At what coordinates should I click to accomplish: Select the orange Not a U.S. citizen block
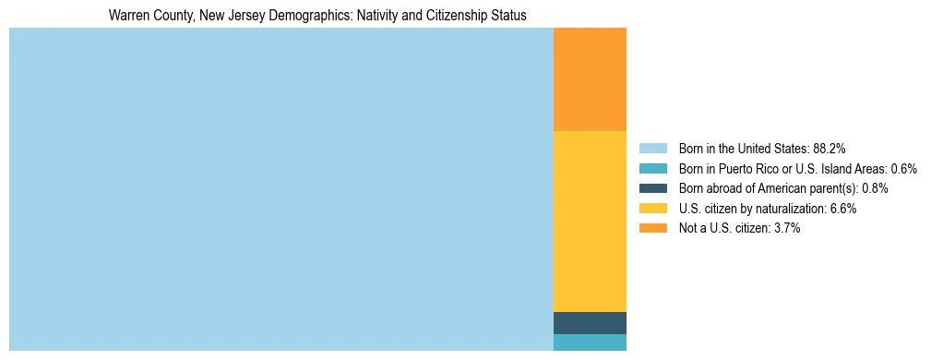coord(590,79)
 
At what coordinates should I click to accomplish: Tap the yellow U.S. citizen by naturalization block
coord(590,221)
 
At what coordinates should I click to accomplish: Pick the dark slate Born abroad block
coord(590,323)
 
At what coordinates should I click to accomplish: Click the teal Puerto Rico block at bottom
coord(590,342)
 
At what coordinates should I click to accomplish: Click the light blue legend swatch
coord(652,148)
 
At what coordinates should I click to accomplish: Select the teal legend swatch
coord(652,168)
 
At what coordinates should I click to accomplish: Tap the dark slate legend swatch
coord(652,188)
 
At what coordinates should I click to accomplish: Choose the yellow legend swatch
coord(652,209)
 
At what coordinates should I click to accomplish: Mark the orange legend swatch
coord(652,229)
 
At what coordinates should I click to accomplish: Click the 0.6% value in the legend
coord(903,168)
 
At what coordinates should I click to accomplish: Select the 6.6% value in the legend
coord(843,209)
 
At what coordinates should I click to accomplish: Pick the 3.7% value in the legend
coord(786,229)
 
